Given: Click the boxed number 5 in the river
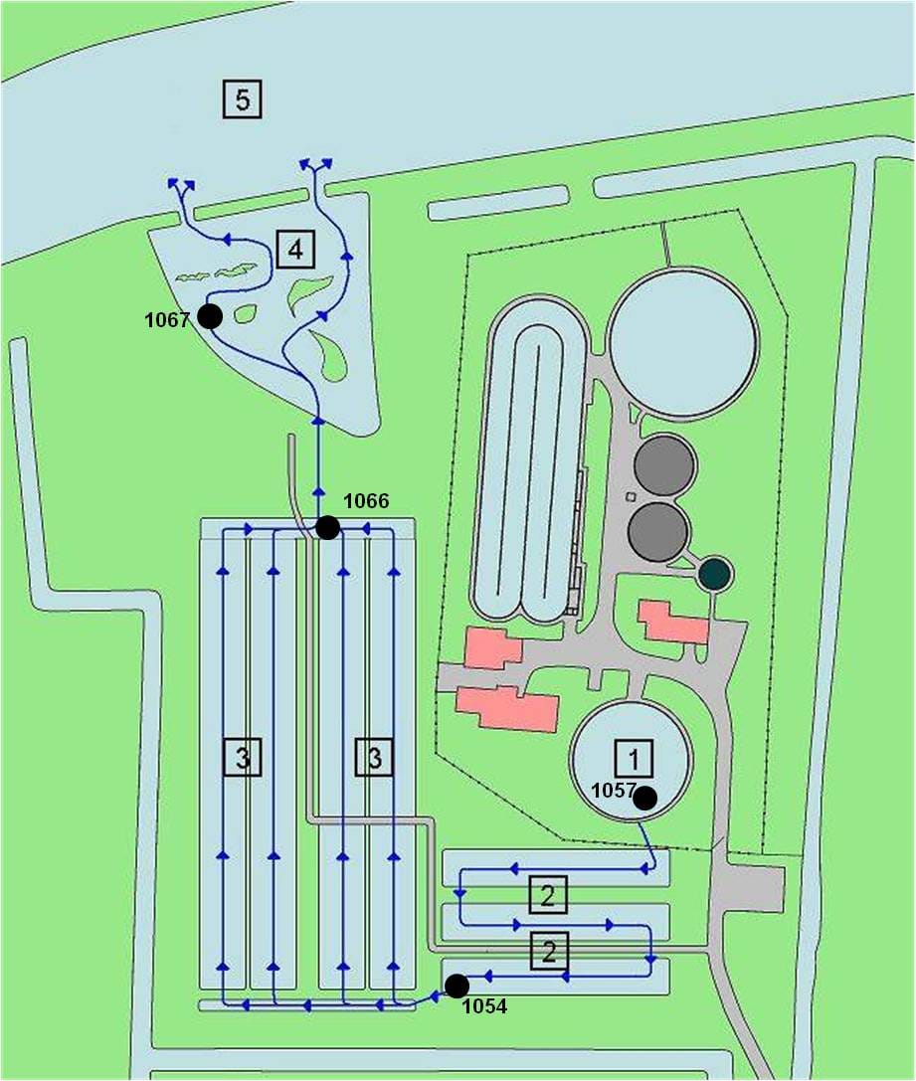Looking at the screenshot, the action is (242, 99).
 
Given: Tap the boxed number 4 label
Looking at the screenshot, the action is (295, 249).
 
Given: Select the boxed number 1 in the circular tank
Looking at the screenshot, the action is (634, 758).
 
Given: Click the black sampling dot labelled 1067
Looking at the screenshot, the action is (210, 316).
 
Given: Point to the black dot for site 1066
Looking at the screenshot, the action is (327, 527).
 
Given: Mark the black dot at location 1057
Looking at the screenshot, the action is (645, 798).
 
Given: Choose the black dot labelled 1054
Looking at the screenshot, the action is (457, 986).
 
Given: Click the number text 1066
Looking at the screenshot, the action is (366, 501).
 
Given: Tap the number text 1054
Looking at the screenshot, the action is (484, 1006).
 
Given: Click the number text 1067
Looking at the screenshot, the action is (167, 320).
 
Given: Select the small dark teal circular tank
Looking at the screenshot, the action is (715, 573).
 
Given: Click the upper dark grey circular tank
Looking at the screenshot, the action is (664, 465).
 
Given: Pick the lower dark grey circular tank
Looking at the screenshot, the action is (658, 531).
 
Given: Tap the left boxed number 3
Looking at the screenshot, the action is (242, 757).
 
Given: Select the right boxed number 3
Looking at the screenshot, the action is (374, 757).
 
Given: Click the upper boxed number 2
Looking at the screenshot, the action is (548, 895).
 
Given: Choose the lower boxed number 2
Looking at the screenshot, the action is (549, 951).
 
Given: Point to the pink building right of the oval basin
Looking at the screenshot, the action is (673, 622).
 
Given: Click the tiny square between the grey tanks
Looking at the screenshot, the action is (630, 497).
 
